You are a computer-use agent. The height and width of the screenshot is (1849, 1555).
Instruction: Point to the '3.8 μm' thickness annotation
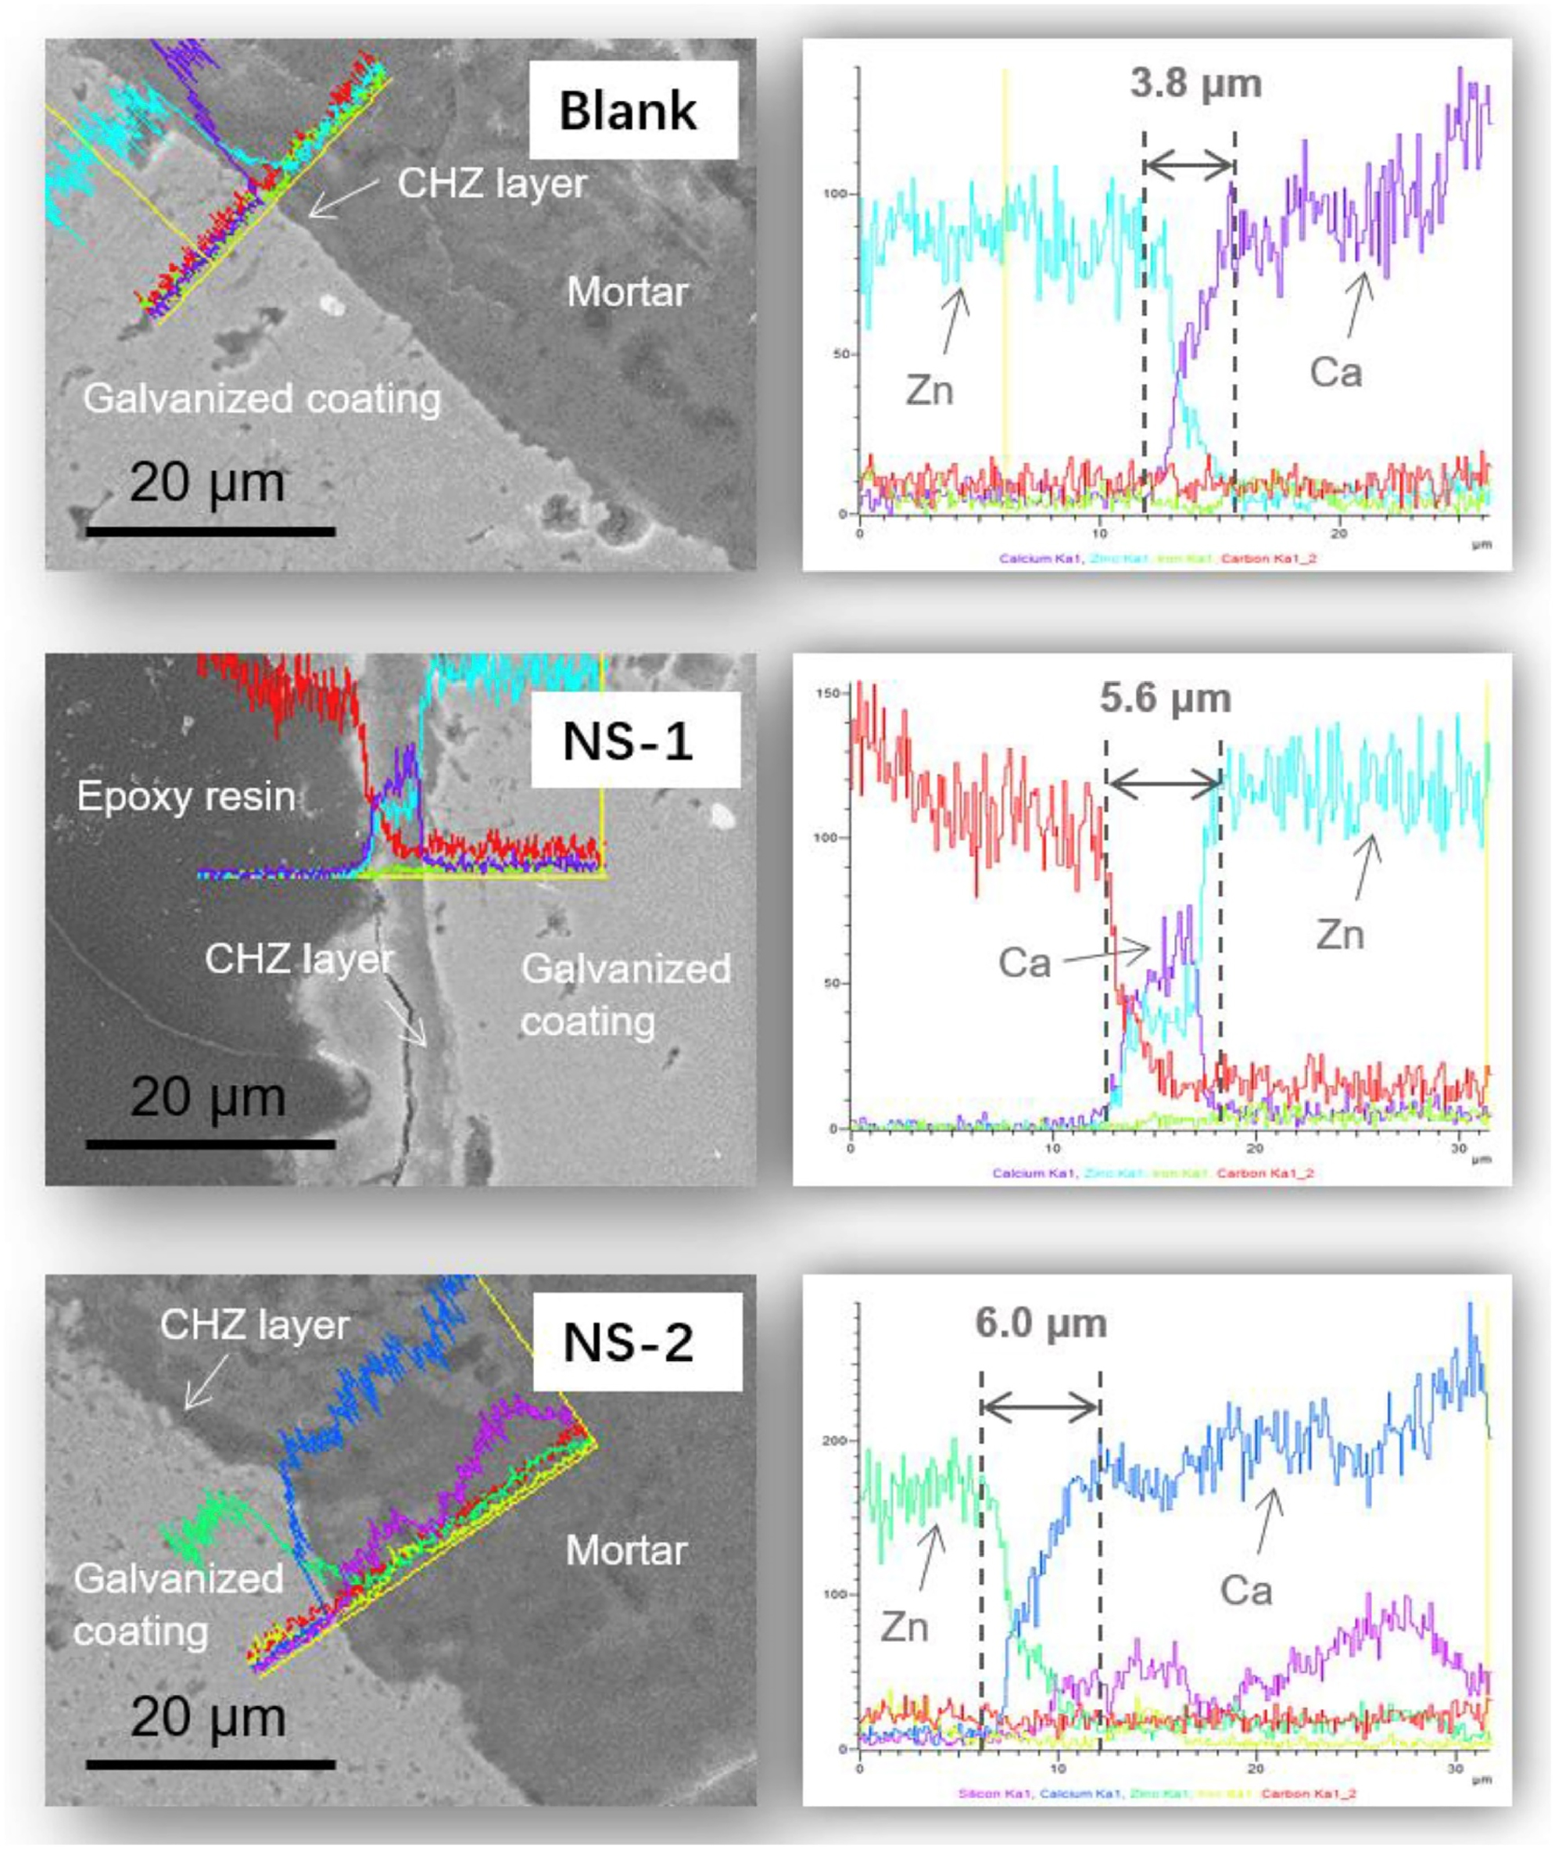pyautogui.click(x=1195, y=84)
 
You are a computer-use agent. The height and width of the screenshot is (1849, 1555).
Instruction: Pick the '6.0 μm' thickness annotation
pyautogui.click(x=1041, y=1323)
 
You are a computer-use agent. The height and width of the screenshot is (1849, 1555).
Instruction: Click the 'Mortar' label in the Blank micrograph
pyautogui.click(x=627, y=292)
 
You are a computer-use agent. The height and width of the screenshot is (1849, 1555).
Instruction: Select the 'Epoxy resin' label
pyautogui.click(x=186, y=796)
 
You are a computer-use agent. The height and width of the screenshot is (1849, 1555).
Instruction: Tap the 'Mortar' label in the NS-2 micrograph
pyautogui.click(x=626, y=1551)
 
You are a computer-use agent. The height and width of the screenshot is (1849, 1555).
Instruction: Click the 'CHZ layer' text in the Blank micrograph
pyautogui.click(x=492, y=183)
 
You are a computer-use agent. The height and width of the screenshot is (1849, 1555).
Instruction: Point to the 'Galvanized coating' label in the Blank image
pyautogui.click(x=262, y=399)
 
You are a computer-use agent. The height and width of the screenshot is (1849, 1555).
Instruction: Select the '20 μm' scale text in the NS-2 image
pyautogui.click(x=208, y=1717)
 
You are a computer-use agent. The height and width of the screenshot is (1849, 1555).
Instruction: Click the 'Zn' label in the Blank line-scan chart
pyautogui.click(x=929, y=390)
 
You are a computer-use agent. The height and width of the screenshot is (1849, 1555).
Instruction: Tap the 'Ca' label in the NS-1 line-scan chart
pyautogui.click(x=1024, y=962)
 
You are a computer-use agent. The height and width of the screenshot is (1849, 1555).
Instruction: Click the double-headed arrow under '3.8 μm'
pyautogui.click(x=1189, y=164)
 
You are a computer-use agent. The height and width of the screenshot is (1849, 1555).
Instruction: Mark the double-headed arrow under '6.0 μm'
pyautogui.click(x=1041, y=1408)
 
